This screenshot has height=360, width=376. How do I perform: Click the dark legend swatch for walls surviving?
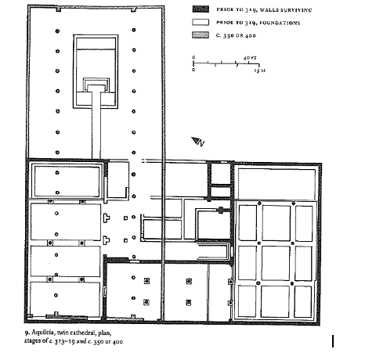[201, 9]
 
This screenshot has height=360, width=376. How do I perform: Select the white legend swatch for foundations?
[201, 22]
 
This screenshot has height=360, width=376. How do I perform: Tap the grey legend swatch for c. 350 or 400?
[201, 35]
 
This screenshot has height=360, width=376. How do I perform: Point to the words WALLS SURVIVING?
[286, 10]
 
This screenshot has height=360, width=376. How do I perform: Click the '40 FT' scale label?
[250, 58]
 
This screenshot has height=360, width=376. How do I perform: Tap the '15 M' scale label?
[260, 70]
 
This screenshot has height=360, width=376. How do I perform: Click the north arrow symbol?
[197, 142]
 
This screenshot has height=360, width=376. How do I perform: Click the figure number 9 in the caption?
[27, 333]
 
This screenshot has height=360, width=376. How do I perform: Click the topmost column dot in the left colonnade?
[57, 31]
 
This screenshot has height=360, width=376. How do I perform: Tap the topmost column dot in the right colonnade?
[134, 30]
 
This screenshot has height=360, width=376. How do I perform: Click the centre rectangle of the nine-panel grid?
[276, 263]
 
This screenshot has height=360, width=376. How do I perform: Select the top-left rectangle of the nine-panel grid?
[248, 223]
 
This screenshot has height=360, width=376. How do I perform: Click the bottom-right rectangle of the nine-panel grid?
[302, 301]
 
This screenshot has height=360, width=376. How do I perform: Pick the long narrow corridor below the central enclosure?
[96, 124]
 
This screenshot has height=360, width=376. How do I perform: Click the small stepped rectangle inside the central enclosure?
[96, 85]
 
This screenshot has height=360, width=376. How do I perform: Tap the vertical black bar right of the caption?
[333, 341]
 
